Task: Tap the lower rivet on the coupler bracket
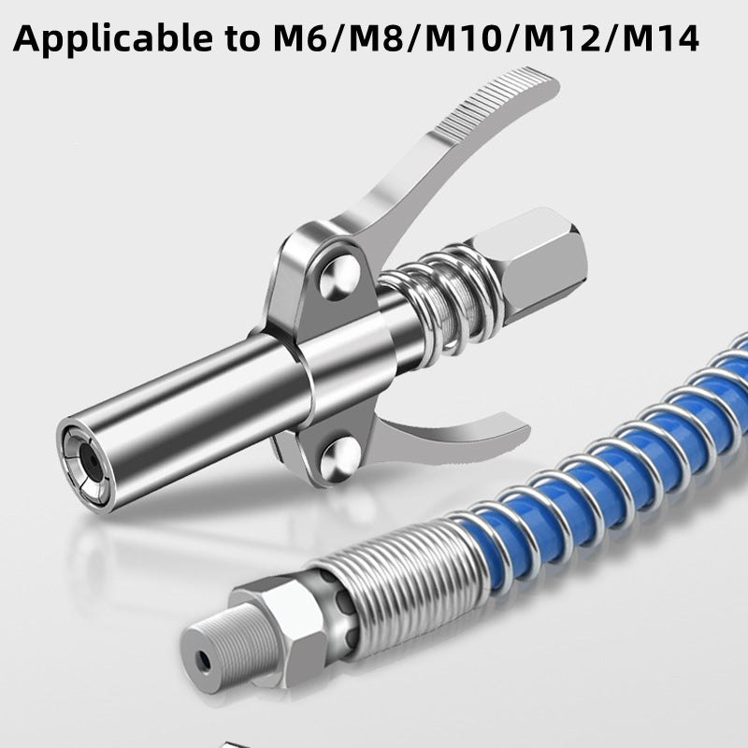[339, 460]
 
